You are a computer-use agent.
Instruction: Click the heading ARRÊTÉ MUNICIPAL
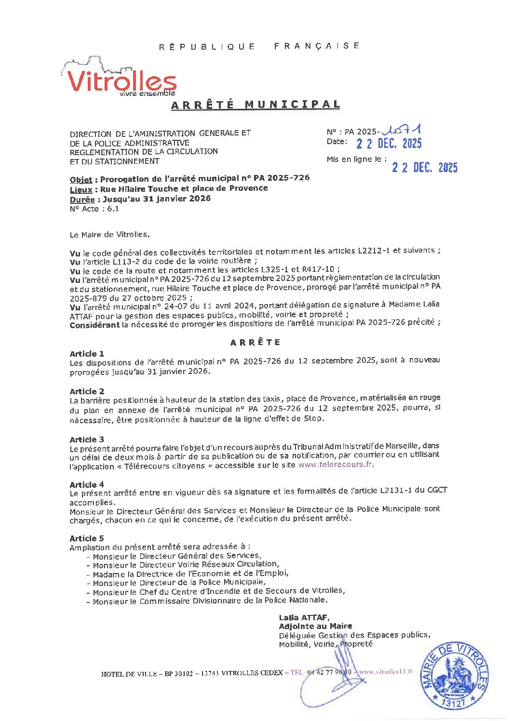255,105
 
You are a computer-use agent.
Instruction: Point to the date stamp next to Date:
389,143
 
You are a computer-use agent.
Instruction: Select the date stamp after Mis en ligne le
424,167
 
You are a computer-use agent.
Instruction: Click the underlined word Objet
81,179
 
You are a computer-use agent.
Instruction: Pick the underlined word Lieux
81,189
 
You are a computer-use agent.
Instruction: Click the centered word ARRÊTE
255,343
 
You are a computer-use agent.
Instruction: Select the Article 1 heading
87,354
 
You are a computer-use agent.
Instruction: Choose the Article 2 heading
87,391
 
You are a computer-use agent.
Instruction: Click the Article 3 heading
87,440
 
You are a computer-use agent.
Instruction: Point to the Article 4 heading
87,484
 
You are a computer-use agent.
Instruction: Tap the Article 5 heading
87,538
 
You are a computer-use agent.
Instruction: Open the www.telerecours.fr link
336,465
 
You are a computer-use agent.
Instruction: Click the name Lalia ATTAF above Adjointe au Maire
304,617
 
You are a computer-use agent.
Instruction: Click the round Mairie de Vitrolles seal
455,675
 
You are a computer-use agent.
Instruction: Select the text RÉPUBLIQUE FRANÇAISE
259,46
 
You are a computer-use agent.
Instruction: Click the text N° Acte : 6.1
94,209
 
